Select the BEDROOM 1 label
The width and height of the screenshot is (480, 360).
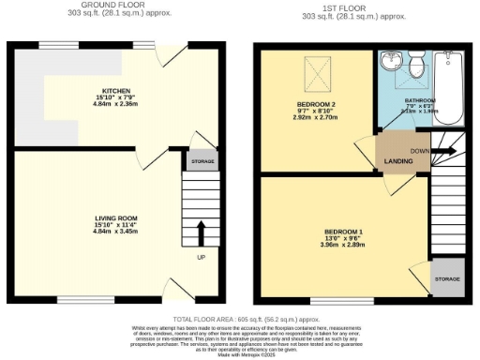[x=344, y=231]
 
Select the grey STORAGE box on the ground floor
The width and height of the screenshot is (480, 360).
[x=202, y=161]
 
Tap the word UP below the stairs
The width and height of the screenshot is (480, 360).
[x=200, y=257]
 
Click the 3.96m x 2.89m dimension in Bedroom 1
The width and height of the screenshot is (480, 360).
[x=344, y=246]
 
